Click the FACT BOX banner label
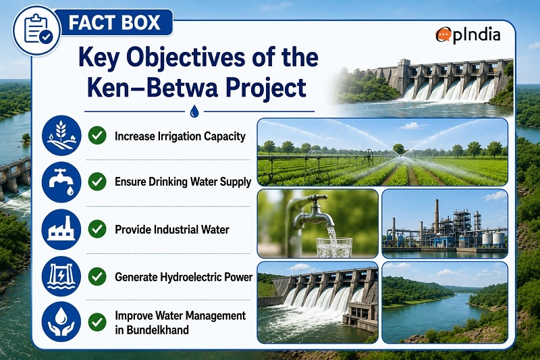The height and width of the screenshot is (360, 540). click(114, 22)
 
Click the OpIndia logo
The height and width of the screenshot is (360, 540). click(468, 35)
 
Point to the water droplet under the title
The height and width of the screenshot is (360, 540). click(194, 111)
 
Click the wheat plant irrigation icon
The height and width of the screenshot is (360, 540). click(61, 135)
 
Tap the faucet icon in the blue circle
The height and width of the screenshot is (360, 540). click(61, 182)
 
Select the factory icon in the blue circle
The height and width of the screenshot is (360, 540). click(61, 229)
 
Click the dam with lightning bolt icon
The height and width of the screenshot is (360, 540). click(61, 276)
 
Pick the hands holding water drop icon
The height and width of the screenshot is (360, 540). click(61, 322)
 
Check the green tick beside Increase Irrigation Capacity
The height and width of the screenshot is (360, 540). click(97, 135)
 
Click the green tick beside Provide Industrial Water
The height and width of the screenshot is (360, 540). click(97, 229)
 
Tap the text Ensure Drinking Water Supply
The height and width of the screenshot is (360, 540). click(183, 182)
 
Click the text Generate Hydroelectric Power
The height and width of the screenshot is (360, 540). click(184, 277)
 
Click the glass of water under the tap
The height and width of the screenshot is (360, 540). click(334, 247)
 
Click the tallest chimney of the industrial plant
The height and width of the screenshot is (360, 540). click(436, 216)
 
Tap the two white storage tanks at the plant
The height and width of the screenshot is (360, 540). click(493, 238)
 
